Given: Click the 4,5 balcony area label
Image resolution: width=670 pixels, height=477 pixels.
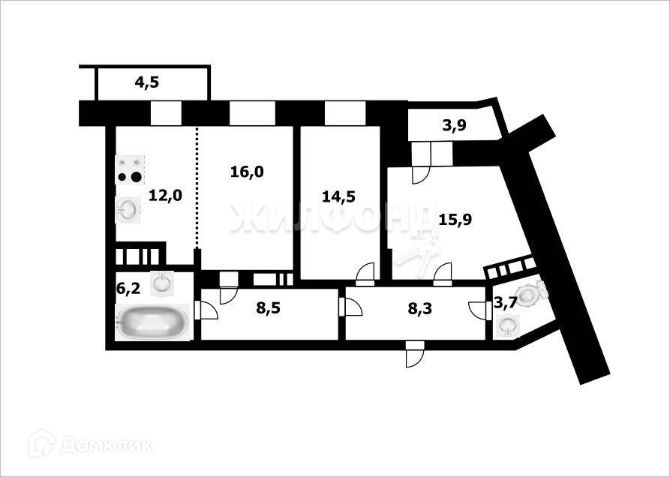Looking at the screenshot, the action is click(147, 82).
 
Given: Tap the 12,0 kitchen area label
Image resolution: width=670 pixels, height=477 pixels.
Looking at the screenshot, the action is click(165, 196).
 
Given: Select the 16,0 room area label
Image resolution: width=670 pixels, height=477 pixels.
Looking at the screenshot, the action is click(247, 172).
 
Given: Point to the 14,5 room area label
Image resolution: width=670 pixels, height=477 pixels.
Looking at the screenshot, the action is click(338, 197).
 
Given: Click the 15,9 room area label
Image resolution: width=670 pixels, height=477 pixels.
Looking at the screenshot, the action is click(455, 220).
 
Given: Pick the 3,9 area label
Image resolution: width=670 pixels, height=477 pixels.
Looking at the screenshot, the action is click(454, 126).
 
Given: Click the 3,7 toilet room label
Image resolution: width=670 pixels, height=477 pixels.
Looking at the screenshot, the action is click(504, 303).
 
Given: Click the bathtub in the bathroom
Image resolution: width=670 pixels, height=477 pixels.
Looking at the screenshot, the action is click(153, 323).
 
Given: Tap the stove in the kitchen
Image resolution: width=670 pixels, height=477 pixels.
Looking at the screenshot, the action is click(129, 170).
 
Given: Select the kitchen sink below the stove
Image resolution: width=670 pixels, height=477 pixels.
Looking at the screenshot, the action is click(128, 209).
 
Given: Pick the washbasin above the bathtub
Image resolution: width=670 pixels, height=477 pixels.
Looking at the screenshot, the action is click(162, 283).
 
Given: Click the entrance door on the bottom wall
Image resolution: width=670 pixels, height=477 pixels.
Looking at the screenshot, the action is click(414, 355).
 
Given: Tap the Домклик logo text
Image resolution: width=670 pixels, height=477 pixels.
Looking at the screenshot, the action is click(105, 445).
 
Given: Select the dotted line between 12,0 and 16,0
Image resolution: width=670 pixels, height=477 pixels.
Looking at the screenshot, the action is click(197, 187).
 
